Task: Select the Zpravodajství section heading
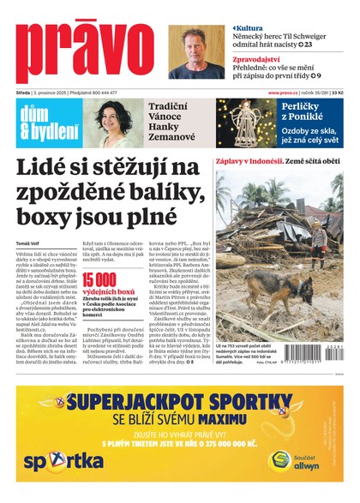click(267, 60)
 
